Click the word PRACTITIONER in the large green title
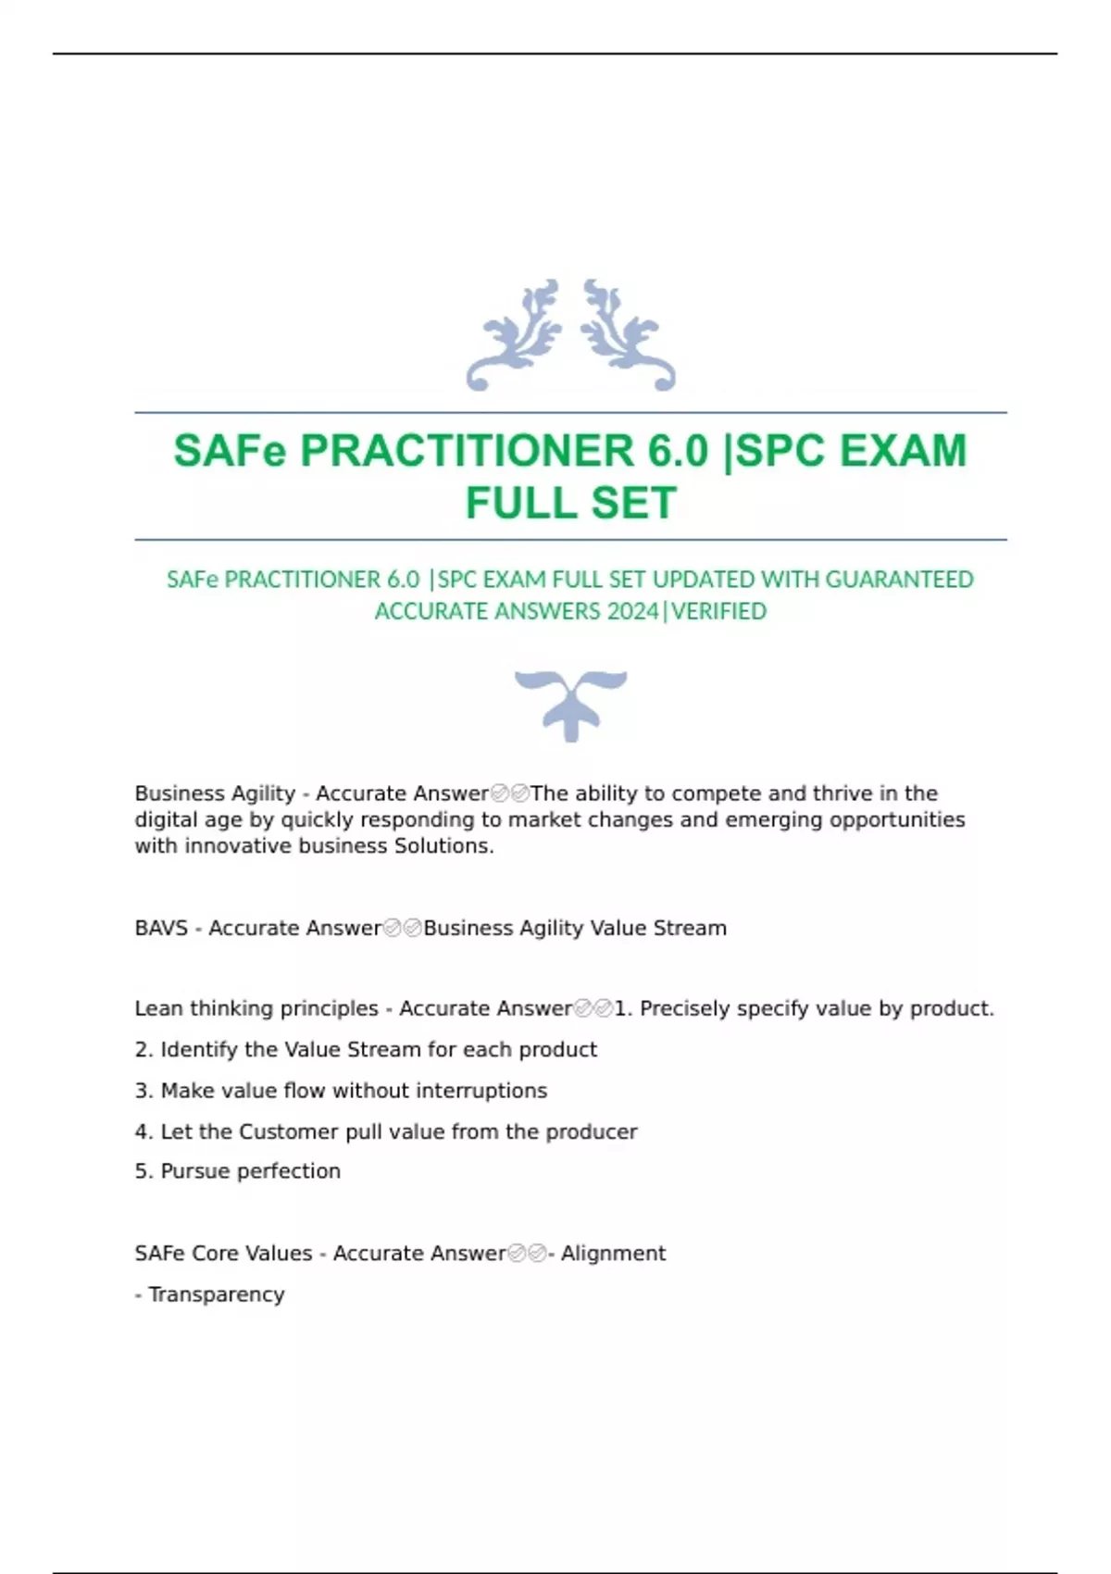click(x=468, y=452)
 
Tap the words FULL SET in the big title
click(x=570, y=504)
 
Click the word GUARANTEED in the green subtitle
click(x=899, y=580)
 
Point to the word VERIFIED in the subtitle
click(x=719, y=612)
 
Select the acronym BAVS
click(x=161, y=928)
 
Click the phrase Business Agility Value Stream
click(x=575, y=928)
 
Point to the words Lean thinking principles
click(x=256, y=1008)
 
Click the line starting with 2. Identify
click(x=366, y=1050)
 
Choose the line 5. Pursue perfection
click(x=238, y=1171)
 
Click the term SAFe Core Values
click(x=223, y=1254)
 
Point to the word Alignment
click(x=613, y=1254)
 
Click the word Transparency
click(x=217, y=1294)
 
